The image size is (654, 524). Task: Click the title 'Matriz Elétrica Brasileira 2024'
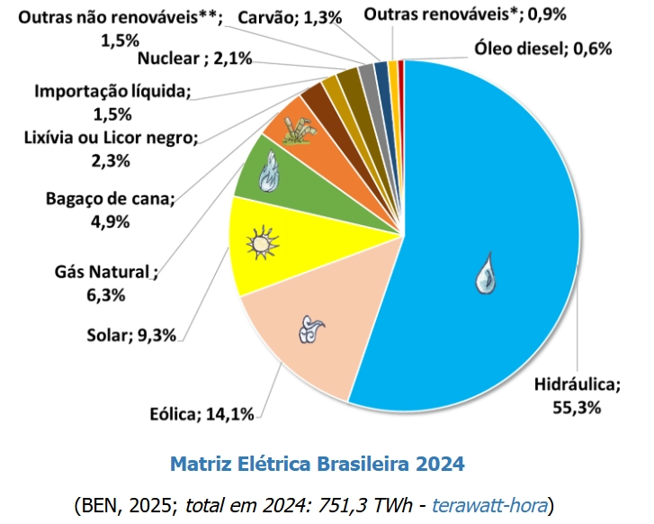(x=317, y=465)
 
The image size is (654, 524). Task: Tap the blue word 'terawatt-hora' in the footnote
(x=491, y=503)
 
